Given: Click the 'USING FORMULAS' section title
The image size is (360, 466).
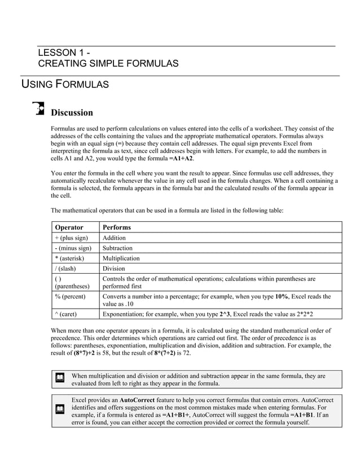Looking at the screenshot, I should tap(65, 85).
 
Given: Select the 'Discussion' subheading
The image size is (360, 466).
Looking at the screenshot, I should tap(72, 112).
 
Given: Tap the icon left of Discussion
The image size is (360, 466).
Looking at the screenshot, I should tap(39, 108).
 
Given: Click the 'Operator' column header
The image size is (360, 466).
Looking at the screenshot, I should tap(68, 227).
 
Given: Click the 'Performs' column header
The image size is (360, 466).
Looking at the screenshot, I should tap(116, 227).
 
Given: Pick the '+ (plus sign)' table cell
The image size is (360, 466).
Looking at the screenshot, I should tap(71, 238).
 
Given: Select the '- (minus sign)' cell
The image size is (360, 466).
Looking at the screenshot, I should tap(73, 248).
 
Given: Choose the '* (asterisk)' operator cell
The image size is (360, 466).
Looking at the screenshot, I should tap(70, 258).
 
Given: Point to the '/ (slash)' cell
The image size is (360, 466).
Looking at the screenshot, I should tap(66, 269).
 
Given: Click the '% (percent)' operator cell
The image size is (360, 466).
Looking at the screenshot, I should tap(71, 296).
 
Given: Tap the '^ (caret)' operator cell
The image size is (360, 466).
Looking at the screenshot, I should tap(67, 313).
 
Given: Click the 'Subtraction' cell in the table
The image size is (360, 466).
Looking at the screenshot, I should tap(117, 248).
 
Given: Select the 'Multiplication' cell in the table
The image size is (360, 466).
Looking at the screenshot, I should tap(121, 258).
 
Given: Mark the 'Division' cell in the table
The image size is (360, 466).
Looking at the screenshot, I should tap(113, 269).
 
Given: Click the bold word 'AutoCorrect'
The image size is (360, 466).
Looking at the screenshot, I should tap(139, 400).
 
